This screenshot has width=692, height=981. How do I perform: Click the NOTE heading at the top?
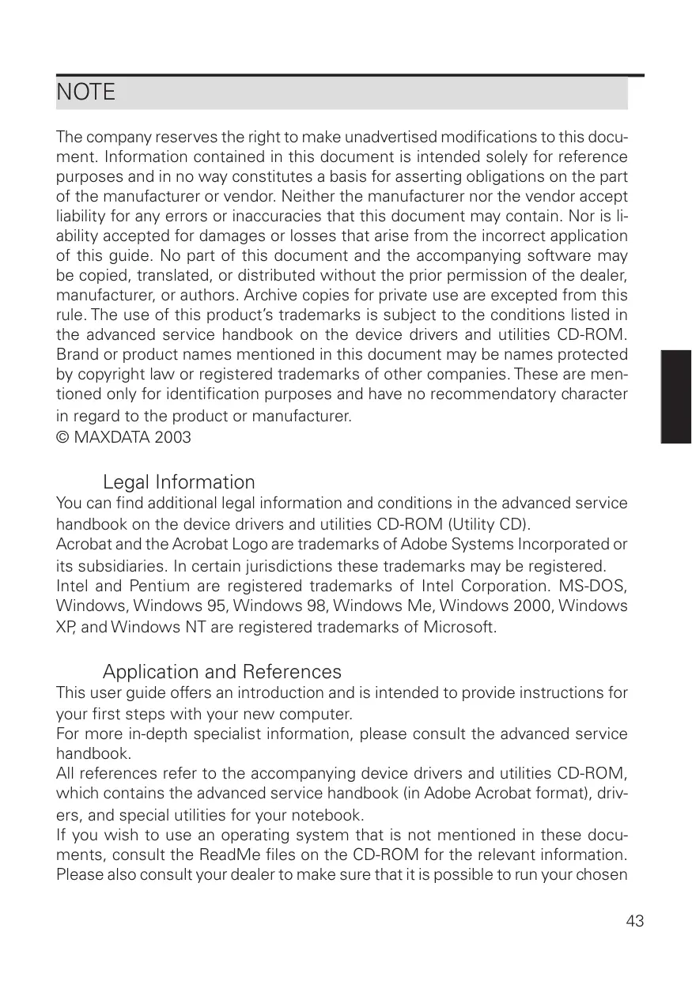[85, 92]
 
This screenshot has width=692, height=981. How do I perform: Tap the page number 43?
[634, 921]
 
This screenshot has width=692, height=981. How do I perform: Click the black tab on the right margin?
[676, 396]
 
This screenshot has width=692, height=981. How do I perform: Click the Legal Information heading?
[179, 482]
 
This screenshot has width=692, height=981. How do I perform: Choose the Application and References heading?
[222, 672]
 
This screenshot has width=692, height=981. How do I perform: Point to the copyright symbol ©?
[62, 437]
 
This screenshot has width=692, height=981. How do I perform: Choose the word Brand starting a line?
[76, 355]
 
